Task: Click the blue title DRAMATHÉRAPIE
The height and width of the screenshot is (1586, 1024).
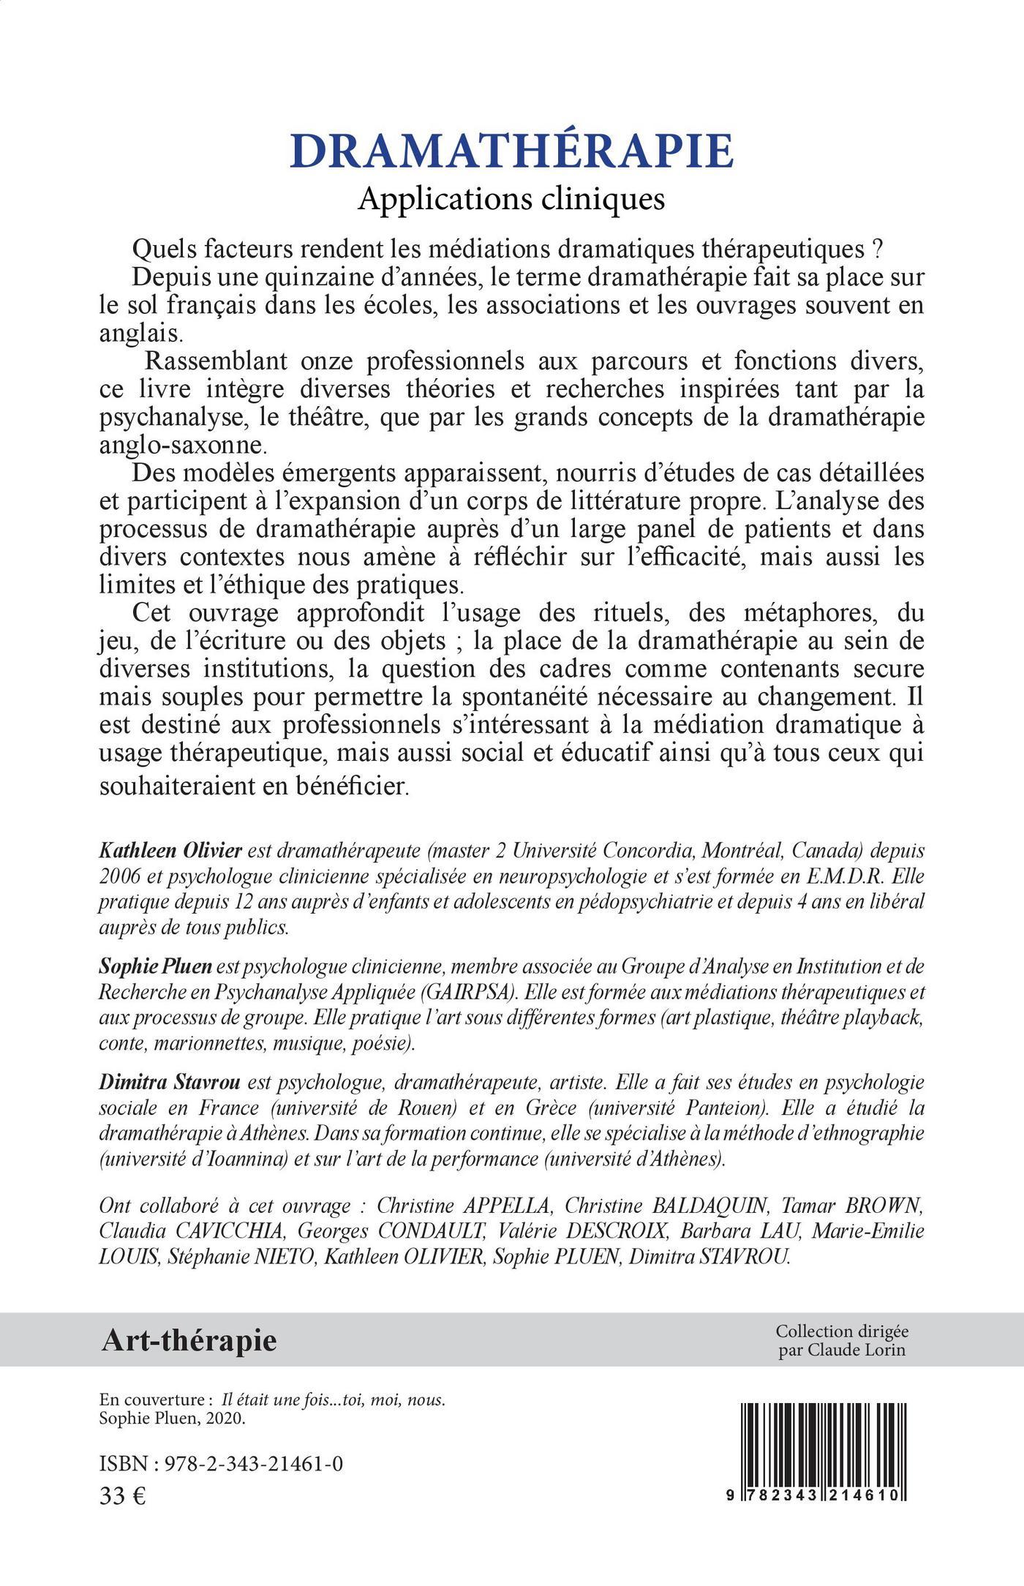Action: [511, 151]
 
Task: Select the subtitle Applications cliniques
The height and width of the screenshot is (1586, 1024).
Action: [511, 199]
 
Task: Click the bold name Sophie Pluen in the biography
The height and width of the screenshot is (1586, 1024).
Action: [156, 966]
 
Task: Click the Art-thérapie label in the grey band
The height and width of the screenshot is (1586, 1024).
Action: [189, 1340]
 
